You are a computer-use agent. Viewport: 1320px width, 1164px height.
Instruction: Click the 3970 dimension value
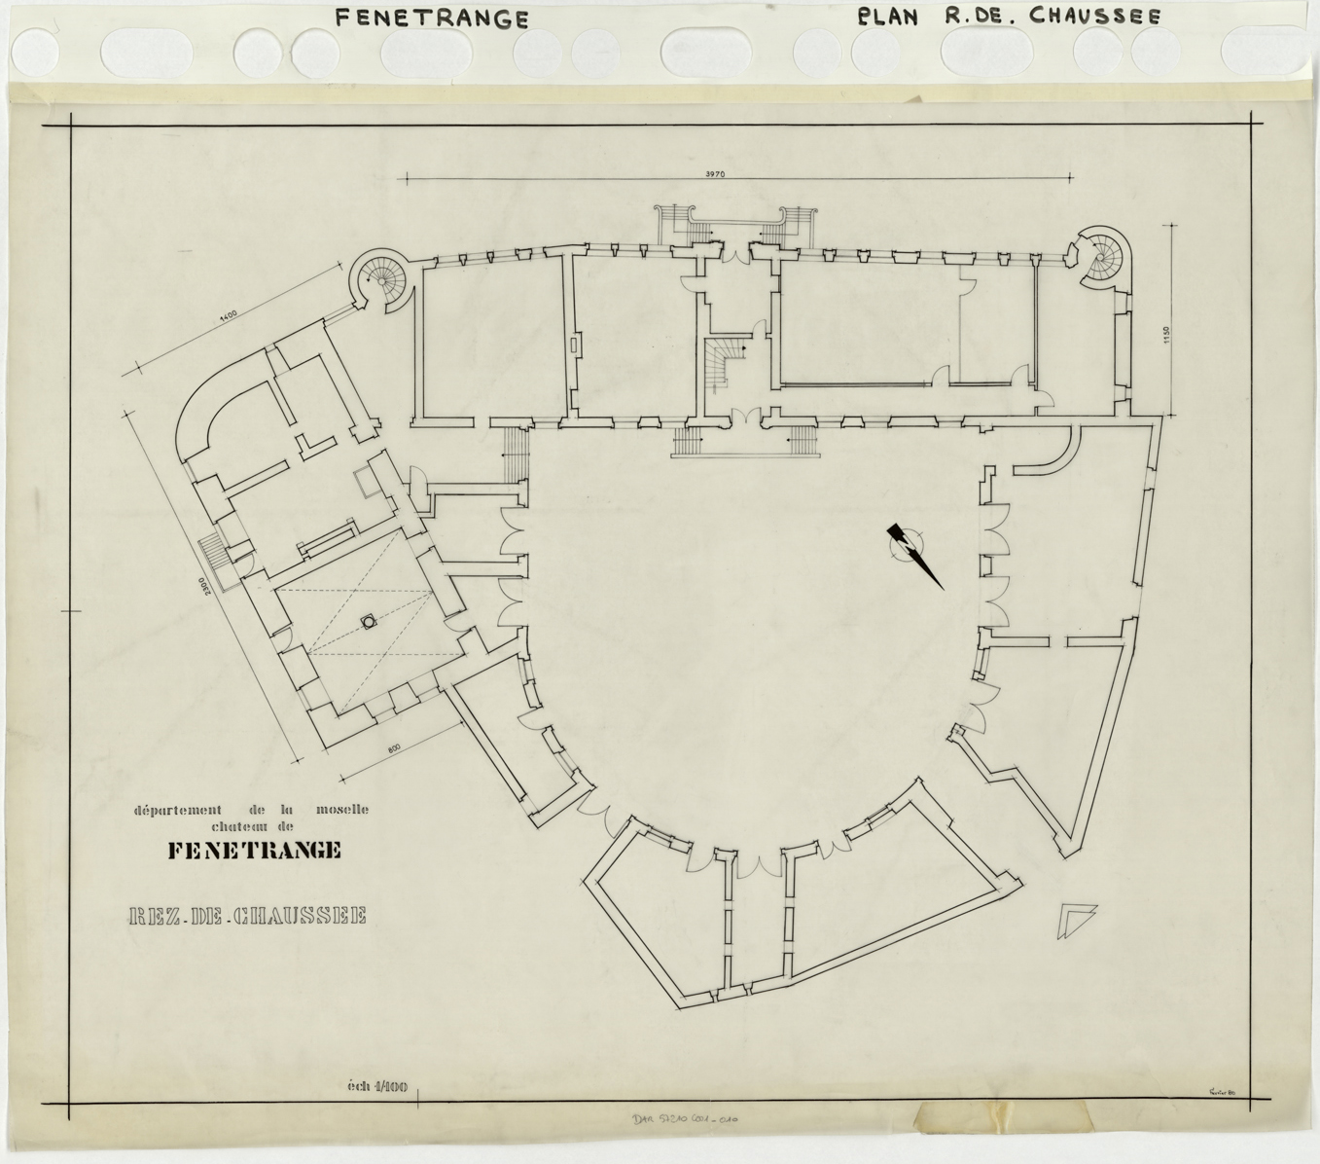click(719, 173)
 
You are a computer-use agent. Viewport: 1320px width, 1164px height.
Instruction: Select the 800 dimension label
click(393, 748)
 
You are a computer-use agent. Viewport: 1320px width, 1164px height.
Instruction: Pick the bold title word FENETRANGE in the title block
click(255, 851)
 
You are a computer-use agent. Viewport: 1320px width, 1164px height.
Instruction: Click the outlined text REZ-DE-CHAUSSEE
click(247, 916)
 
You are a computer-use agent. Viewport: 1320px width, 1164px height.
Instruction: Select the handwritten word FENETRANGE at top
click(432, 18)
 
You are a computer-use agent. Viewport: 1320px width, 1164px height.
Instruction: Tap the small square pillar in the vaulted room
click(369, 620)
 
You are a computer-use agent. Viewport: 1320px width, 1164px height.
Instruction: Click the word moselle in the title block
click(341, 810)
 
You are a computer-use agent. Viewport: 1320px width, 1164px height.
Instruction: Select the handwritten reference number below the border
click(688, 1120)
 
